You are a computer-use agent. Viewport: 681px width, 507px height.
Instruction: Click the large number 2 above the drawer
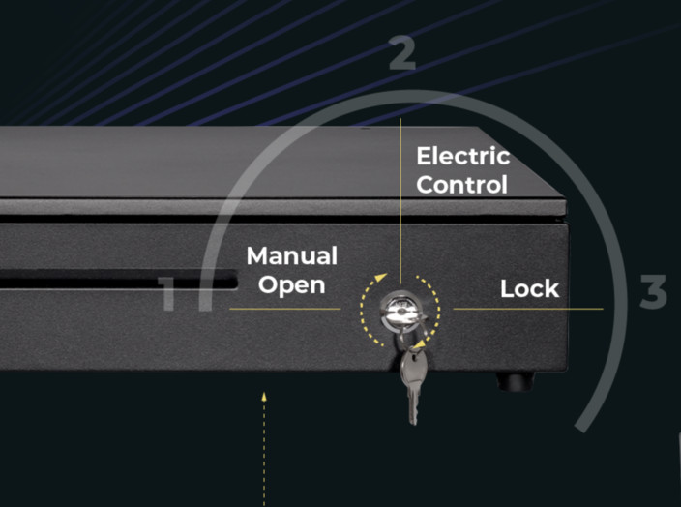pyautogui.click(x=402, y=54)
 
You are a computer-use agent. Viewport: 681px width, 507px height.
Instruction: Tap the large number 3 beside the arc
pyautogui.click(x=654, y=292)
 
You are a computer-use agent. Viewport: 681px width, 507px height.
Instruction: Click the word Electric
pyautogui.click(x=462, y=156)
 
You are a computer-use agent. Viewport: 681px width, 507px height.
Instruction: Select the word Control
pyautogui.click(x=461, y=184)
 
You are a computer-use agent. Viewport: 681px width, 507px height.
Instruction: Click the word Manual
pyautogui.click(x=291, y=256)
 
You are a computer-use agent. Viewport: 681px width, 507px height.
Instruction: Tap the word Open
pyautogui.click(x=291, y=285)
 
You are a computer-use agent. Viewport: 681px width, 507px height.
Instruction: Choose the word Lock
pyautogui.click(x=529, y=288)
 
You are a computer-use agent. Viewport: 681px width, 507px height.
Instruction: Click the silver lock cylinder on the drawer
pyautogui.click(x=399, y=309)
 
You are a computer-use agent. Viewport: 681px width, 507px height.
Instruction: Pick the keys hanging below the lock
pyautogui.click(x=411, y=382)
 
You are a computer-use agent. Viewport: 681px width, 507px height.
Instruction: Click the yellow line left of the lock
pyautogui.click(x=284, y=309)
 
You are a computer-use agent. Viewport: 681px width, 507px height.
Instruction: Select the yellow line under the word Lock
pyautogui.click(x=527, y=310)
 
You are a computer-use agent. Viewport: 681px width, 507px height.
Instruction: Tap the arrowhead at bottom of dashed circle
pyautogui.click(x=417, y=340)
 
